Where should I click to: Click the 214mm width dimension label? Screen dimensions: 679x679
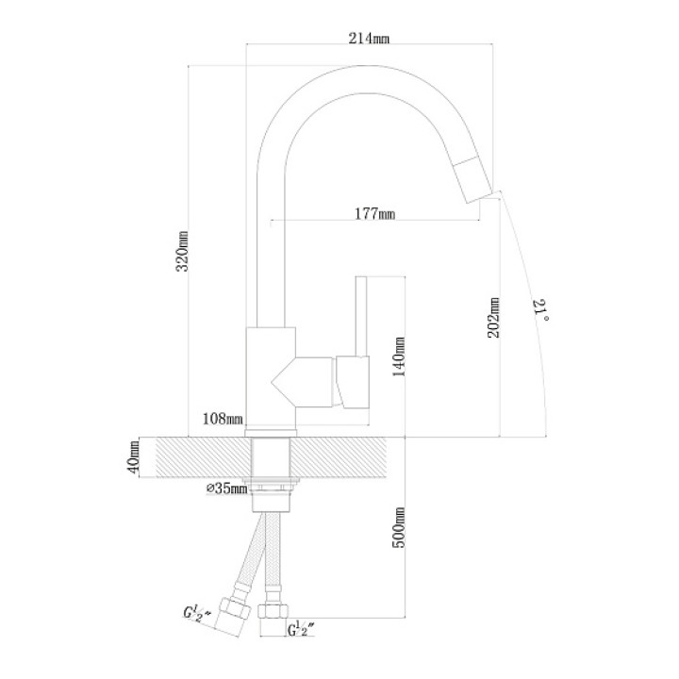[x=369, y=38]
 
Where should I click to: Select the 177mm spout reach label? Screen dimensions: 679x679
[x=375, y=213]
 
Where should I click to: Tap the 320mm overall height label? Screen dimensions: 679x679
[x=183, y=251]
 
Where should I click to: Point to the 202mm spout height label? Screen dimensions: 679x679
[x=493, y=318]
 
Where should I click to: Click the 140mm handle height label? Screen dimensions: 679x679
[x=399, y=356]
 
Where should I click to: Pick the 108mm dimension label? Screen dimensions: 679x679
[x=223, y=419]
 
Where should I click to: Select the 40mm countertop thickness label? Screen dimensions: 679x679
[x=133, y=456]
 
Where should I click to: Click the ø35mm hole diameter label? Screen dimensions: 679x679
[x=226, y=489]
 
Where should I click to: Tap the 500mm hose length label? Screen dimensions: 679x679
[x=399, y=527]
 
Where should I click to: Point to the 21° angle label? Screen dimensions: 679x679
[x=541, y=309]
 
